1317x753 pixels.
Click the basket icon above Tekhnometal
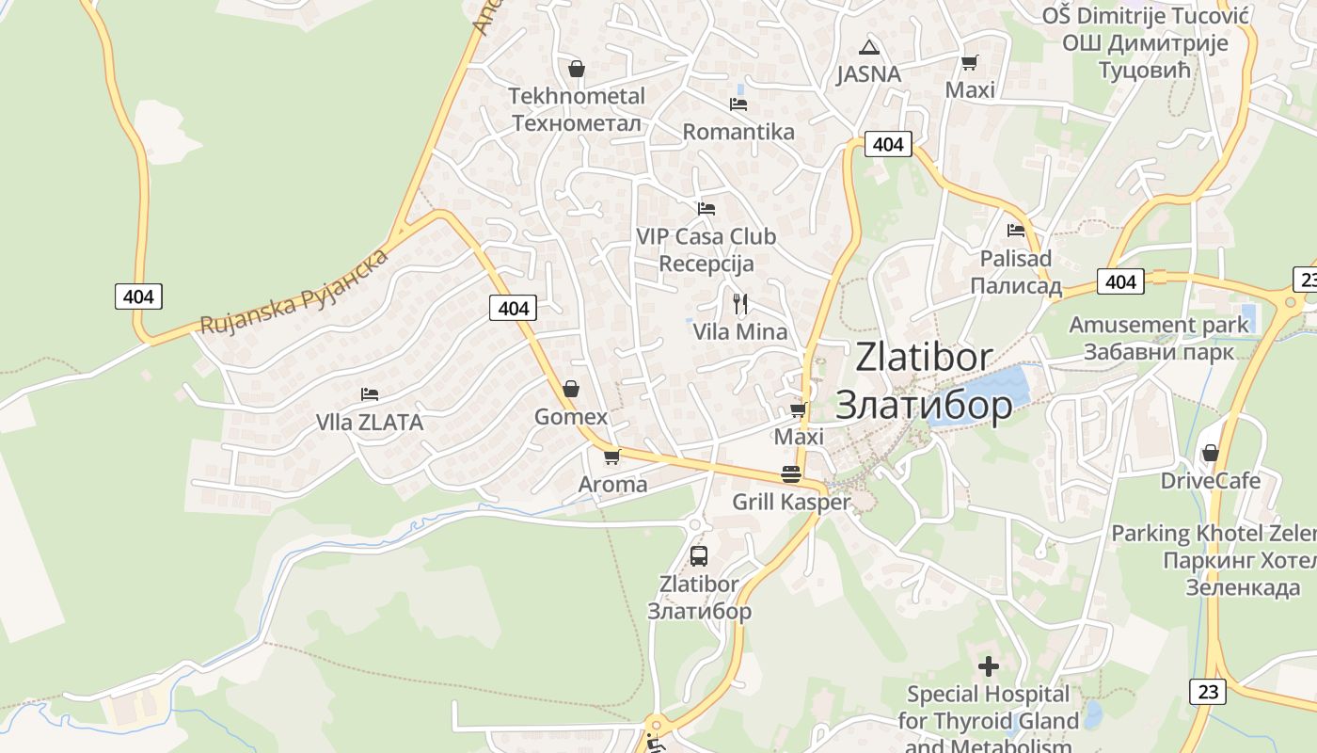coord(576,69)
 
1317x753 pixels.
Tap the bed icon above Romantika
coord(738,104)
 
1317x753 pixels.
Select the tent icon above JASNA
coord(868,47)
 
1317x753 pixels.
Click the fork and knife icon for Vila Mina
coord(740,303)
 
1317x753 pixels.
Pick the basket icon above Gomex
coord(570,389)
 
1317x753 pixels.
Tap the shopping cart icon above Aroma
coord(611,457)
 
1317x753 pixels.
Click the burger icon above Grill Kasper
coord(790,473)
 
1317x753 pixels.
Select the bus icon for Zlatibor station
coord(698,555)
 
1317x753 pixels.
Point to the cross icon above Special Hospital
coord(988,666)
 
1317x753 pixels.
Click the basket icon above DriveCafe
coord(1210,453)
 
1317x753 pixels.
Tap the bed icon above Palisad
coord(1015,230)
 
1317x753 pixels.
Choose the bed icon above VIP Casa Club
coord(706,208)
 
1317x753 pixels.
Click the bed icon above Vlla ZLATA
coord(370,393)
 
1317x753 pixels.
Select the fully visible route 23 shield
coord(1208,692)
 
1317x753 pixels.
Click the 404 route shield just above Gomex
coord(514,308)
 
